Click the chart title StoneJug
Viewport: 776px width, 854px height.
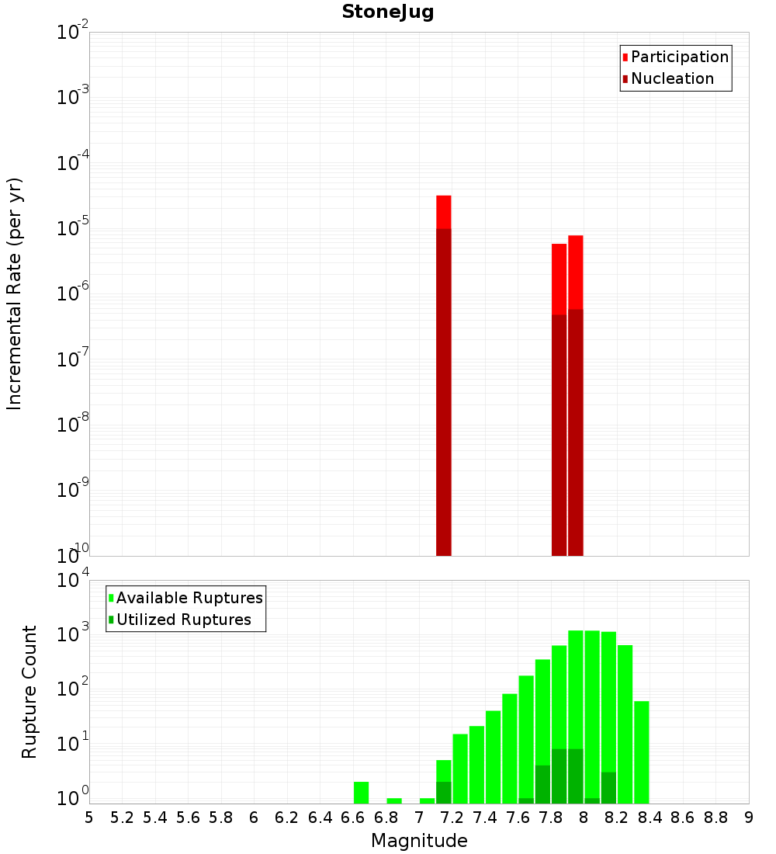[x=387, y=12]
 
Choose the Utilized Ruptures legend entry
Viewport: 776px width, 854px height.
[x=183, y=620]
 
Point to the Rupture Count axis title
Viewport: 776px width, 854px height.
[x=29, y=692]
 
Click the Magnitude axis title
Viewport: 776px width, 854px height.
[x=419, y=840]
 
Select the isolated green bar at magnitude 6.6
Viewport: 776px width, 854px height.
[x=361, y=793]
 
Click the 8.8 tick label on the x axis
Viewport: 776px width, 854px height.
[x=715, y=817]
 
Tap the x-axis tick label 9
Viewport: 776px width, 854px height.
[x=749, y=817]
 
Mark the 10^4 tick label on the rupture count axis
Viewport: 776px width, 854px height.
[x=74, y=581]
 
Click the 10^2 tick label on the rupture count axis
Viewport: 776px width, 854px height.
[x=74, y=689]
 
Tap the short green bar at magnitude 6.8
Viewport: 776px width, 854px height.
[x=394, y=800]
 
